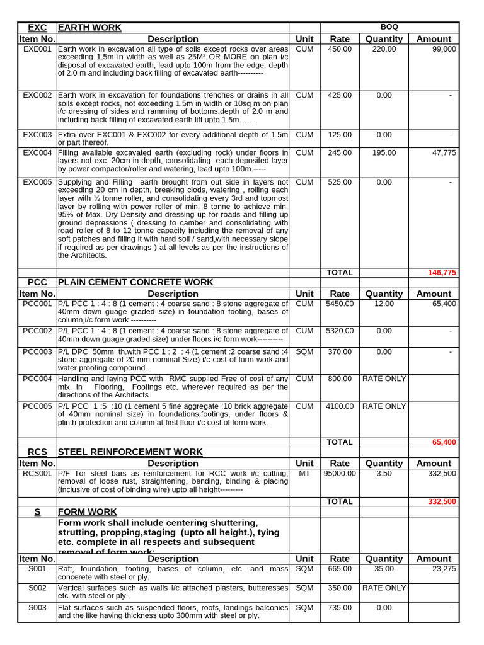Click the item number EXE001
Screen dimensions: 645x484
pyautogui.click(x=37, y=49)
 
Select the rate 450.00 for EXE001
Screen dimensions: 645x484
pyautogui.click(x=340, y=49)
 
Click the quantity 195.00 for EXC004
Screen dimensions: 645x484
pyautogui.click(x=384, y=152)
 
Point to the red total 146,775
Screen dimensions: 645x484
pyautogui.click(x=442, y=273)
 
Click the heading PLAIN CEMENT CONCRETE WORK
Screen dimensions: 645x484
pyautogui.click(x=135, y=282)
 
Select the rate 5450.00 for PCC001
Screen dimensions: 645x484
pyautogui.click(x=340, y=304)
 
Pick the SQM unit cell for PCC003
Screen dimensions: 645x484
pyautogui.click(x=304, y=351)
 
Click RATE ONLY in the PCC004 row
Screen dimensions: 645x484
pyautogui.click(x=384, y=379)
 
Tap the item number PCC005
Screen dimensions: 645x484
pyautogui.click(x=37, y=406)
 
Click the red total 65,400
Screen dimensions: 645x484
pyautogui.click(x=444, y=442)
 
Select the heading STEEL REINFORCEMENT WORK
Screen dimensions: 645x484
pyautogui.click(x=130, y=452)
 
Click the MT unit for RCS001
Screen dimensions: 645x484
pyautogui.click(x=304, y=473)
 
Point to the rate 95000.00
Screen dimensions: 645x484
pyautogui.click(x=340, y=473)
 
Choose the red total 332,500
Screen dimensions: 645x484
pyautogui.click(x=442, y=501)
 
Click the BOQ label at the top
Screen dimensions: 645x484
pyautogui.click(x=389, y=27)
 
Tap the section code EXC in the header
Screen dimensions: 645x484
pyautogui.click(x=37, y=27)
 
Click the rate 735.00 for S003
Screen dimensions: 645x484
pyautogui.click(x=340, y=608)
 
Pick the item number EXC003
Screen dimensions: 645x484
pyautogui.click(x=37, y=135)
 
